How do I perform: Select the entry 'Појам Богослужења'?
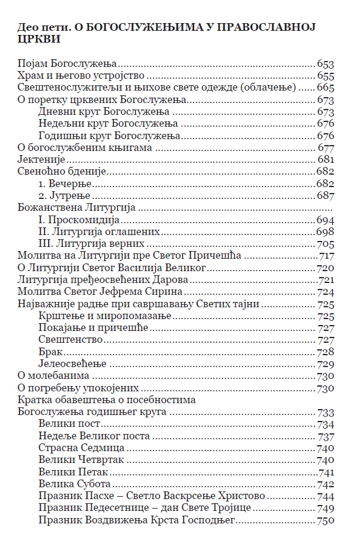pos(66,64)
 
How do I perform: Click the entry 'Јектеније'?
pos(41,160)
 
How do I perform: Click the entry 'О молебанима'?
pos(53,375)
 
